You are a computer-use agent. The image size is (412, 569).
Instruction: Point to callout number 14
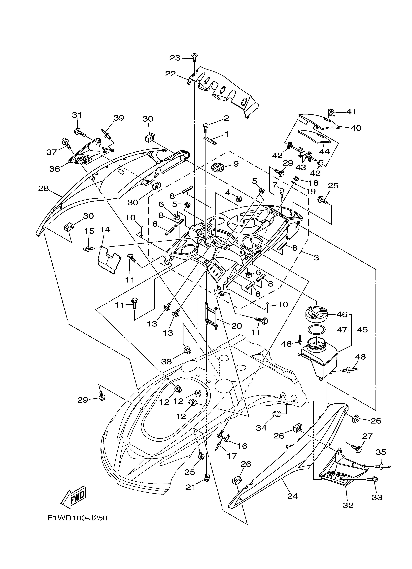[105, 230]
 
